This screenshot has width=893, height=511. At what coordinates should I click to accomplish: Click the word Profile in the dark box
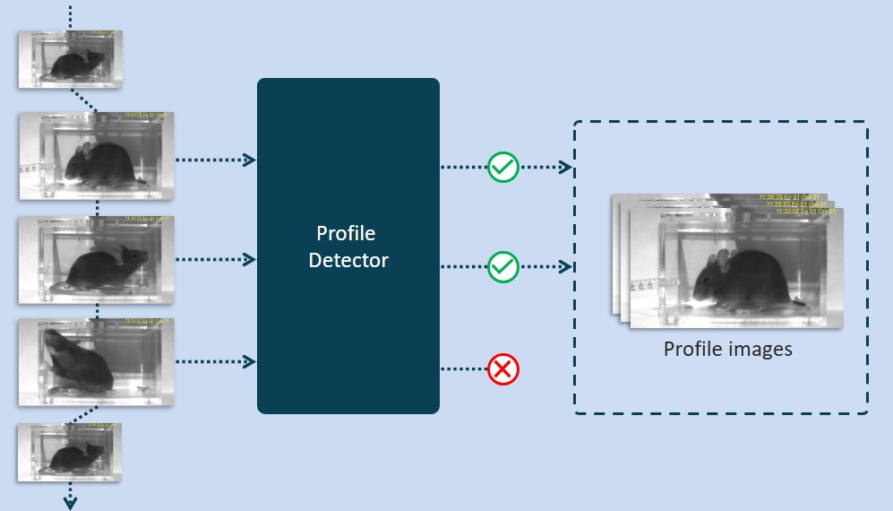tap(346, 234)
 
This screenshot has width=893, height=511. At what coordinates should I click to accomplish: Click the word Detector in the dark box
tap(348, 261)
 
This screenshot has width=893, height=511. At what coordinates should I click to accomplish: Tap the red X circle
tap(503, 368)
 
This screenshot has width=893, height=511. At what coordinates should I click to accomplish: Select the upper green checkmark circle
tap(503, 167)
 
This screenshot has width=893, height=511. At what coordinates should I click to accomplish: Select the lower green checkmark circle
tap(503, 266)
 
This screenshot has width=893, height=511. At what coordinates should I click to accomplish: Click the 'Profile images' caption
tap(727, 349)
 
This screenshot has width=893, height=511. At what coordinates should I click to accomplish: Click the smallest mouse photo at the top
tap(70, 59)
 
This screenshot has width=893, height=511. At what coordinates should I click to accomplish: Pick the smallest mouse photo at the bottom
tap(70, 453)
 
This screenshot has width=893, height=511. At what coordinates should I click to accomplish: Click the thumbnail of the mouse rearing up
tap(97, 361)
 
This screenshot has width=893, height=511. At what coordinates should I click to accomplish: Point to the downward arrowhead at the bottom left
tap(70, 502)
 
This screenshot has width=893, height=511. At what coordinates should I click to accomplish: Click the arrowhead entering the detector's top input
tap(251, 160)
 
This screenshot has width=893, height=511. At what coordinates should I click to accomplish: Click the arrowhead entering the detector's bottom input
tap(251, 361)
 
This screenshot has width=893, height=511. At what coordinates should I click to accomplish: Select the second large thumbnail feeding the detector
tap(97, 261)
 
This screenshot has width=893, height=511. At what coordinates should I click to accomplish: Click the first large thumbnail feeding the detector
tap(97, 155)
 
